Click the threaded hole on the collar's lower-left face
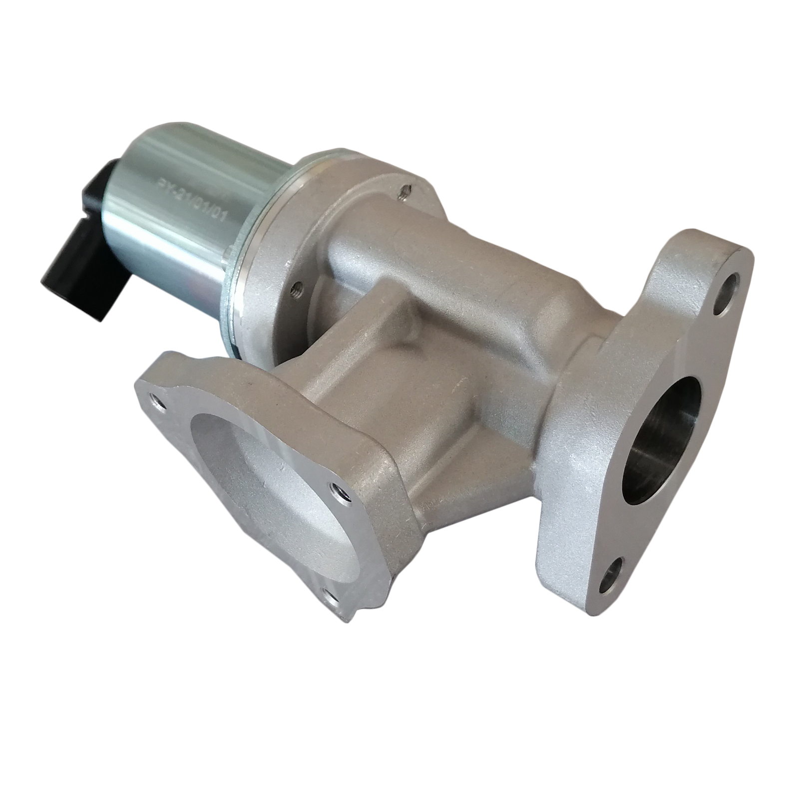(296, 287)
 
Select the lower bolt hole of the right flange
(614, 580)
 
